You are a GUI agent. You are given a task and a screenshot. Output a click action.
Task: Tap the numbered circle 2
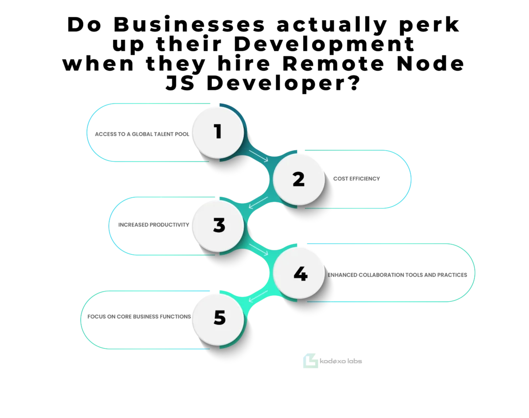click(x=299, y=179)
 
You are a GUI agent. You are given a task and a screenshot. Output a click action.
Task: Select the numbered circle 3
click(x=218, y=226)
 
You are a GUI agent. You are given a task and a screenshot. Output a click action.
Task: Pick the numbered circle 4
click(x=299, y=273)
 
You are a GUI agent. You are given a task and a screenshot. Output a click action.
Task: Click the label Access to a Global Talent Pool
click(x=142, y=134)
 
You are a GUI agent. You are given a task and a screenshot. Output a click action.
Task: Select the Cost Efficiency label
click(x=356, y=179)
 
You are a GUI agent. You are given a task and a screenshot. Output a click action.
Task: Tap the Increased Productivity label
click(x=153, y=225)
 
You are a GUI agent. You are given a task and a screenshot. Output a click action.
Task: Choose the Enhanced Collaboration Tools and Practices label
click(x=397, y=275)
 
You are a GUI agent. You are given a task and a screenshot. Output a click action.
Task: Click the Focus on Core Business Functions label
click(x=139, y=317)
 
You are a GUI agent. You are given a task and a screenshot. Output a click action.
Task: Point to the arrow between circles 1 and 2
click(x=258, y=156)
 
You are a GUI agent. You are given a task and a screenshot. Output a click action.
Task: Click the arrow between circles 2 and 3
click(x=258, y=203)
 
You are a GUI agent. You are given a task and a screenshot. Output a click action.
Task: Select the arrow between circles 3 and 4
click(x=258, y=250)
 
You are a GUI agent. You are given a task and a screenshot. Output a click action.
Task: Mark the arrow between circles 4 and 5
click(x=258, y=296)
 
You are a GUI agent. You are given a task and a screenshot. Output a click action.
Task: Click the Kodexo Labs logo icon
click(x=310, y=361)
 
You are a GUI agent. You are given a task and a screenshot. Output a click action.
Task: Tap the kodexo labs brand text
click(x=341, y=361)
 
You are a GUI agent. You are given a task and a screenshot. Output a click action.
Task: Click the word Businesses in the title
click(x=190, y=25)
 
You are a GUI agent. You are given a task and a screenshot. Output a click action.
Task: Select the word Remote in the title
click(x=333, y=64)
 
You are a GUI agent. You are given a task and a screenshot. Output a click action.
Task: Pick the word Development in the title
click(x=324, y=44)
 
